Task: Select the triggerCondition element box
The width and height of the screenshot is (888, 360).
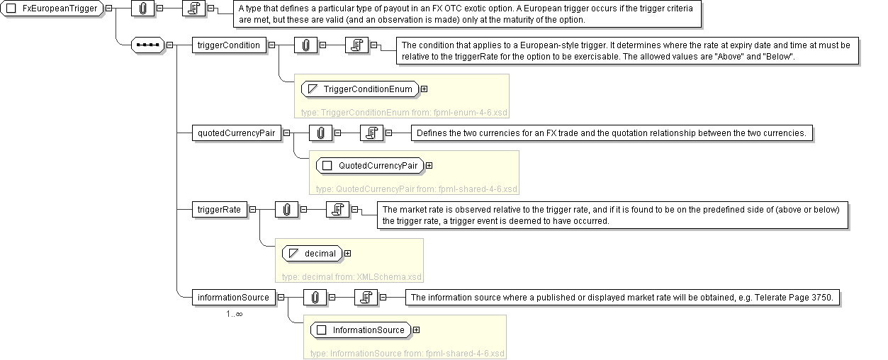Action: [x=228, y=45]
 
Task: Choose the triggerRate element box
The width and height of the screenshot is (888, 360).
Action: [x=220, y=209]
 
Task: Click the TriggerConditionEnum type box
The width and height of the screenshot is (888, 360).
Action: [x=359, y=89]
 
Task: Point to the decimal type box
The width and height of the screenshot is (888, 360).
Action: [x=312, y=253]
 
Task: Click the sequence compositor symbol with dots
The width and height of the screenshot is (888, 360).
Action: [x=147, y=45]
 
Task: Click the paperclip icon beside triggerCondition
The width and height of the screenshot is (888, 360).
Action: [x=305, y=45]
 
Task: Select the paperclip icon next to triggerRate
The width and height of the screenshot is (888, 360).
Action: [x=286, y=209]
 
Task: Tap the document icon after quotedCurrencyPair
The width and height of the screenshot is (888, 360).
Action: [x=371, y=133]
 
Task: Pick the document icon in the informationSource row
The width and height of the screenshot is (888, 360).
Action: [x=365, y=297]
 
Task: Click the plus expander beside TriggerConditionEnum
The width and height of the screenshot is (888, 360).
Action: [x=424, y=89]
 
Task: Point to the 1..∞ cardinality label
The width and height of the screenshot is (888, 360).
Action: [x=235, y=313]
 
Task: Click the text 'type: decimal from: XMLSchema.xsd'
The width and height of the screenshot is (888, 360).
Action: [x=351, y=276]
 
